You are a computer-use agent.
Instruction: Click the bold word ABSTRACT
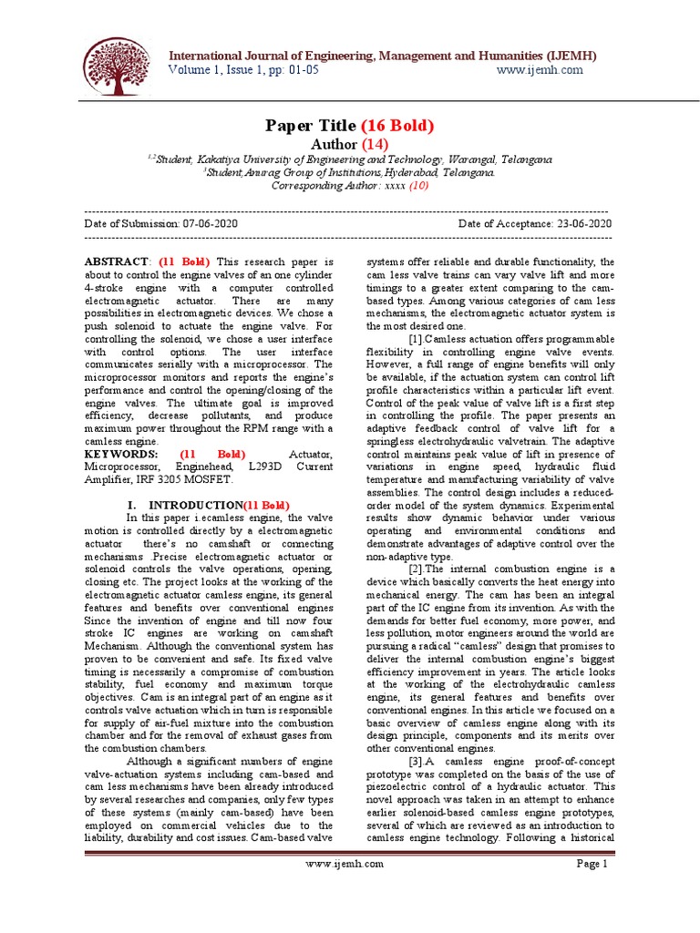click(117, 261)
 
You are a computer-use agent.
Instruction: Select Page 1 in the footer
click(592, 864)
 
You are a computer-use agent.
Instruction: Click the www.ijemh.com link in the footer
click(345, 864)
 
